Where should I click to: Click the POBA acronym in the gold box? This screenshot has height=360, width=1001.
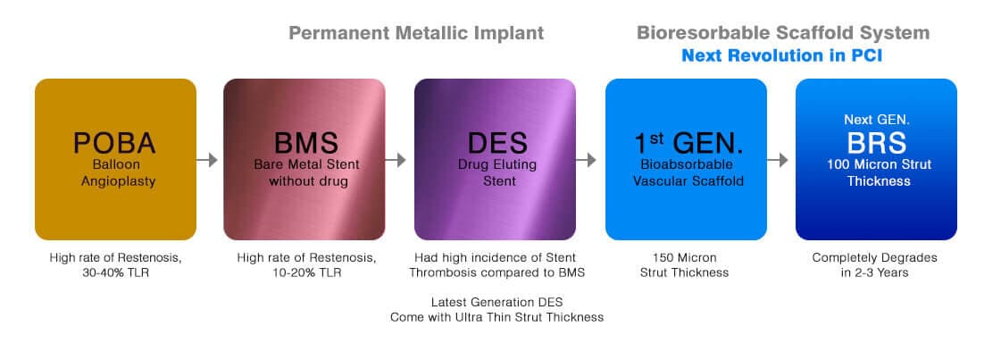pyautogui.click(x=115, y=144)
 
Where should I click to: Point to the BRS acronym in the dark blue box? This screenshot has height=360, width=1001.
pyautogui.click(x=876, y=143)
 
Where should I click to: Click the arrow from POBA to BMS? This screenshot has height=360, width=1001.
pyautogui.click(x=208, y=160)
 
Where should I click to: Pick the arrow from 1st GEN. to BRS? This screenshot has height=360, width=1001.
pyautogui.click(x=780, y=160)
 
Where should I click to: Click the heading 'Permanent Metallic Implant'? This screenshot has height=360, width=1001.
pyautogui.click(x=415, y=34)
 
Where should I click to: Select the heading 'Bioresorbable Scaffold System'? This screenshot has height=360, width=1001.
pyautogui.click(x=782, y=34)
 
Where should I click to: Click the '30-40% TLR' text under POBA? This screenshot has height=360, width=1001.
pyautogui.click(x=115, y=272)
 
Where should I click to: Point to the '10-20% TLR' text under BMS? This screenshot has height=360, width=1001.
pyautogui.click(x=306, y=272)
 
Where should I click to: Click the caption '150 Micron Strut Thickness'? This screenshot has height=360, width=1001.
pyautogui.click(x=685, y=265)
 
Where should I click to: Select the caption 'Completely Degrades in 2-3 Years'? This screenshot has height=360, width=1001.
pyautogui.click(x=874, y=265)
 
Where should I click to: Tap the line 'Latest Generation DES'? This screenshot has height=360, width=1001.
pyautogui.click(x=496, y=301)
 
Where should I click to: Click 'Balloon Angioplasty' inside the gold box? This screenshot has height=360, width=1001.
pyautogui.click(x=115, y=173)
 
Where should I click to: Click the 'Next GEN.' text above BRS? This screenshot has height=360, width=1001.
pyautogui.click(x=876, y=119)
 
